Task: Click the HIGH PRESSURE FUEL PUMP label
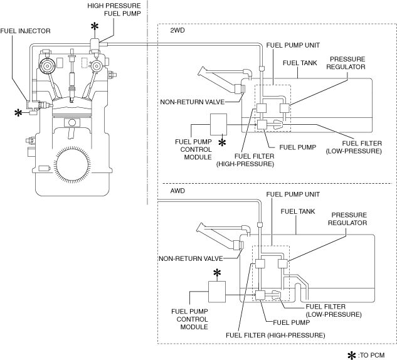pyautogui.click(x=114, y=9)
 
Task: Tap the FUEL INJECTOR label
pyautogui.click(x=25, y=31)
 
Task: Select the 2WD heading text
pyautogui.click(x=177, y=30)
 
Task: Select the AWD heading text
pyautogui.click(x=177, y=191)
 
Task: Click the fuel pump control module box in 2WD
pyautogui.click(x=218, y=124)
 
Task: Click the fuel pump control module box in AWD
pyautogui.click(x=217, y=292)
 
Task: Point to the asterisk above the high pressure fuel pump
pyautogui.click(x=95, y=26)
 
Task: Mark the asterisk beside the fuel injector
pyautogui.click(x=18, y=113)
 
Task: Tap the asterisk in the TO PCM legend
pyautogui.click(x=352, y=356)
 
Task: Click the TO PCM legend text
pyautogui.click(x=371, y=356)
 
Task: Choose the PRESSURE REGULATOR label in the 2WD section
pyautogui.click(x=346, y=63)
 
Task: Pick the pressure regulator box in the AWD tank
pyautogui.click(x=283, y=263)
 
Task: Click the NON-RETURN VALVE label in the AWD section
pyautogui.click(x=191, y=259)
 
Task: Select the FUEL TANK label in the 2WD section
pyautogui.click(x=300, y=63)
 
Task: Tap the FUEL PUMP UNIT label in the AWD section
pyautogui.click(x=293, y=194)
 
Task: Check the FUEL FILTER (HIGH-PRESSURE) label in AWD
pyautogui.click(x=275, y=336)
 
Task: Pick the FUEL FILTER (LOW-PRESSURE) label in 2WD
pyautogui.click(x=354, y=147)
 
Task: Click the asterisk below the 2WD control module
pyautogui.click(x=222, y=143)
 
